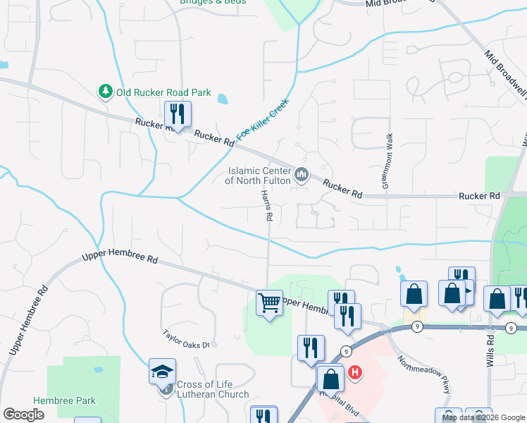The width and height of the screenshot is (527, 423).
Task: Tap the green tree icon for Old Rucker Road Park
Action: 105,92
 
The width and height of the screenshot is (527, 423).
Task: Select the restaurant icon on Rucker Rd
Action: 177,114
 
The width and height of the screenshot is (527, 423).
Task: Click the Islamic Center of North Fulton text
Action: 258,176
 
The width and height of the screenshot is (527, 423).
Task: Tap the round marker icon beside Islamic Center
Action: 302,173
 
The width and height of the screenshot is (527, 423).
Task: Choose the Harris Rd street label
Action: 266,206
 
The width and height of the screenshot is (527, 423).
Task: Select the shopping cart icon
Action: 269,304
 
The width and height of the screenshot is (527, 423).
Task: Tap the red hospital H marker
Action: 355,371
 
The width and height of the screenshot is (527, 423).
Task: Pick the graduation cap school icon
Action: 162,372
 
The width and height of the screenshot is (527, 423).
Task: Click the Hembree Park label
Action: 64,400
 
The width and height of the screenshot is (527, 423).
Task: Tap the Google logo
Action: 23,415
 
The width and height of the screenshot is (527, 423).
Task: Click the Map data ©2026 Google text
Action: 483,417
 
